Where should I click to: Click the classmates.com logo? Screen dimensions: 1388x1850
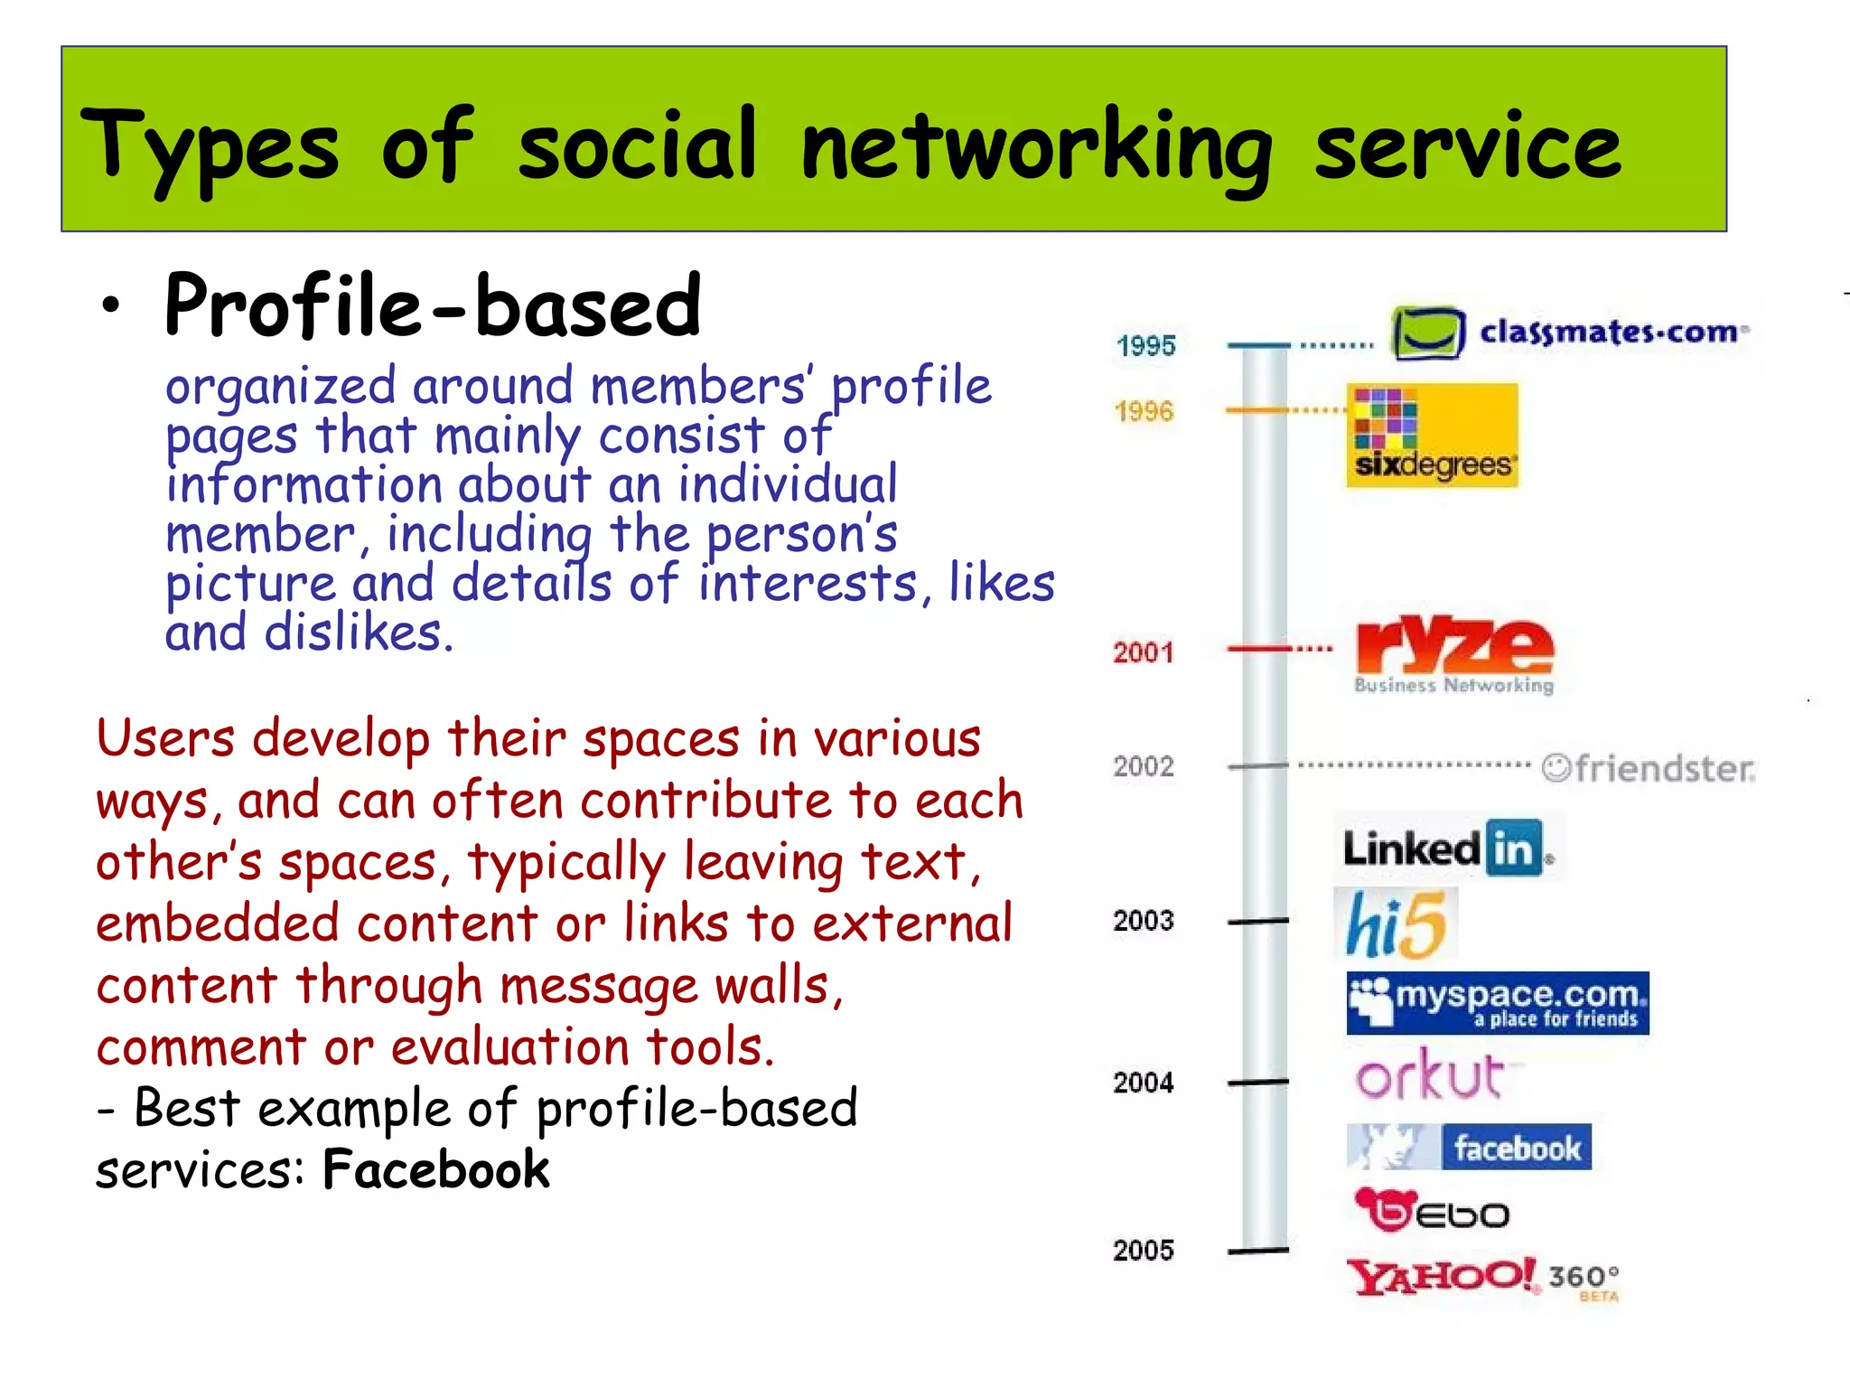[x=1570, y=333]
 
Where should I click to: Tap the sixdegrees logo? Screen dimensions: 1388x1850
[x=1432, y=436]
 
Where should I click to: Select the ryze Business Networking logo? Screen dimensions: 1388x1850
[x=1454, y=655]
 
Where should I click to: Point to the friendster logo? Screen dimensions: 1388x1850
[x=1649, y=768]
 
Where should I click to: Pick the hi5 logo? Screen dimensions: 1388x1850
[x=1396, y=924]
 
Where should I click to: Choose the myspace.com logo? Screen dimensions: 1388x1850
[x=1497, y=1003]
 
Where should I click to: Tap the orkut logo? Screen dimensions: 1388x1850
[x=1431, y=1075]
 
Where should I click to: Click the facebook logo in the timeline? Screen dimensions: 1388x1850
[x=1469, y=1148]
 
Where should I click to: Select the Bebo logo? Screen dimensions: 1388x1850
[x=1432, y=1211]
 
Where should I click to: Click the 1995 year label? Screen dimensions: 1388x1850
[x=1145, y=346]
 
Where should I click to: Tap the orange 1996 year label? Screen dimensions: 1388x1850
[x=1144, y=412]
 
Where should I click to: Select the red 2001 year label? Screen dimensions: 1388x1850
[x=1144, y=652]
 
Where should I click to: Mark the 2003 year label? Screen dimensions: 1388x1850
[x=1144, y=921]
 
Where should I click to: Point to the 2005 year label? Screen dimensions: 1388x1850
[x=1144, y=1251]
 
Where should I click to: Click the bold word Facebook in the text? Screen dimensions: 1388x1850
[x=435, y=1169]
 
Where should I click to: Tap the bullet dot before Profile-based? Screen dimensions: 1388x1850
[x=110, y=306]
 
